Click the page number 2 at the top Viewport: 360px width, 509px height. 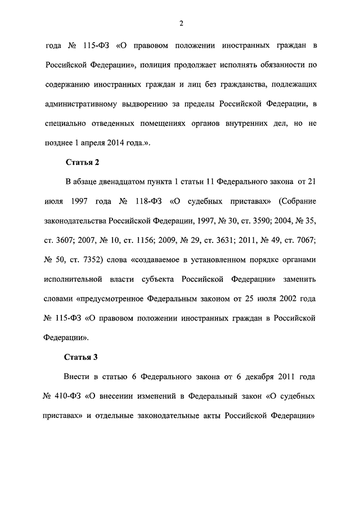(181, 22)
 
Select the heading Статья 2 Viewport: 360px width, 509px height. (82, 163)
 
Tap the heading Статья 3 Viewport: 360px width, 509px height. (82, 357)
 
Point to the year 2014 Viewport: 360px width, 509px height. (112, 143)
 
